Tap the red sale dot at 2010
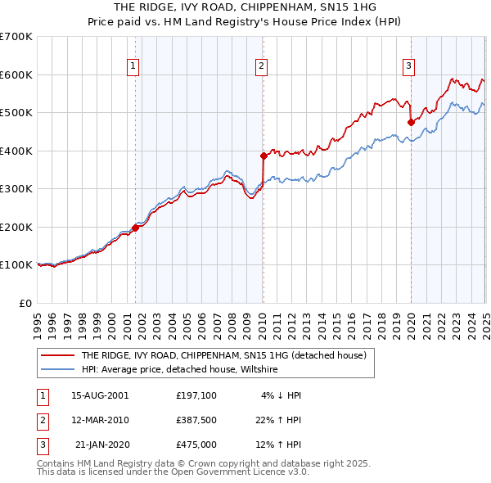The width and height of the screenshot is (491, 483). point(264,156)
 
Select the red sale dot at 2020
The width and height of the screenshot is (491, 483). point(411,122)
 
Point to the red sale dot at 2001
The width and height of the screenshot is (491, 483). point(136,228)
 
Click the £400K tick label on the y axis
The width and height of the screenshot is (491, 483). point(16,151)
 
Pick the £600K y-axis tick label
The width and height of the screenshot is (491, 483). point(16,74)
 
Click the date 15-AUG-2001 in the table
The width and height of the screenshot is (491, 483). point(100,395)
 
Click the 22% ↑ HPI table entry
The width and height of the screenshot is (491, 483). point(278,420)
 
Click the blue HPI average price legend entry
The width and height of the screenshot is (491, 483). point(180,369)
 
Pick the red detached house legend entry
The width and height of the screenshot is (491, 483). point(228,355)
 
